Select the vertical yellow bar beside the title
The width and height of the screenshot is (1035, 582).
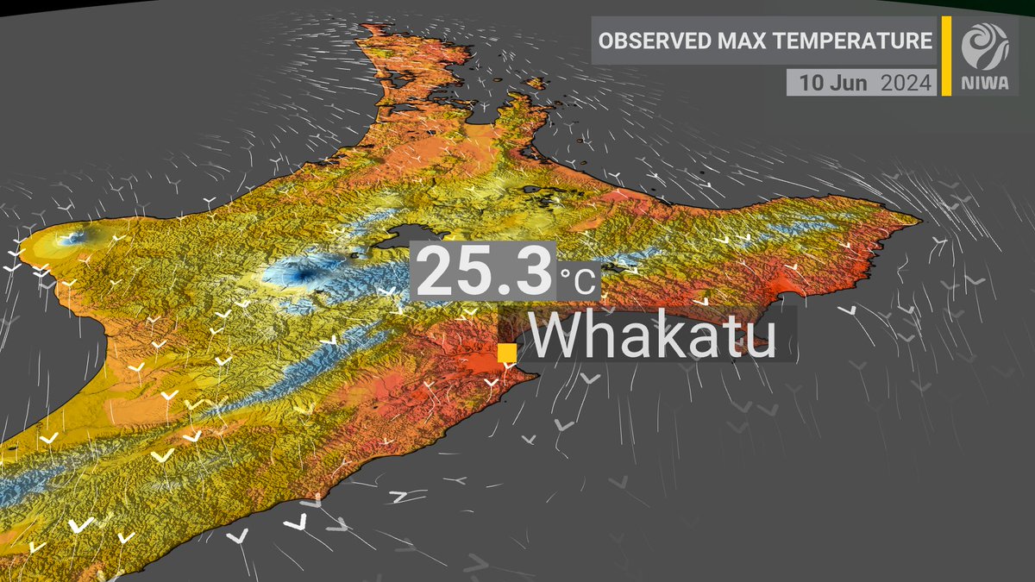pyautogui.click(x=946, y=55)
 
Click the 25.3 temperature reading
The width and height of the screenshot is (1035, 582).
pyautogui.click(x=486, y=272)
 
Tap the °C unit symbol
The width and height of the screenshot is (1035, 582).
pyautogui.click(x=576, y=280)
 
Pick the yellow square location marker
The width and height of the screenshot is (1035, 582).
pyautogui.click(x=507, y=354)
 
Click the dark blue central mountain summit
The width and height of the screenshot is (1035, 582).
pyautogui.click(x=302, y=275)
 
